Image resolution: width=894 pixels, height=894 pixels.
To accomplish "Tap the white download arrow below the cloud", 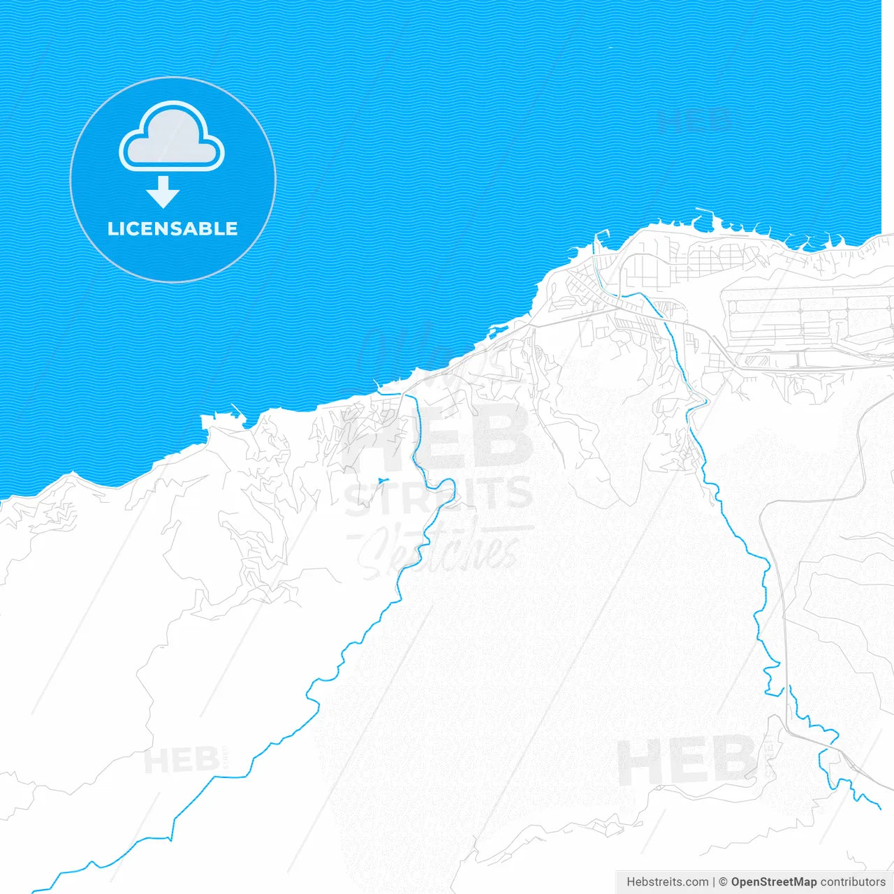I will click(x=163, y=192).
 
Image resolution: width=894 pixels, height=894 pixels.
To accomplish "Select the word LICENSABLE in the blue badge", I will click(x=173, y=229).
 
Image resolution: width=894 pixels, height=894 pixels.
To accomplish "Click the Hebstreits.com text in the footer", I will click(x=667, y=882).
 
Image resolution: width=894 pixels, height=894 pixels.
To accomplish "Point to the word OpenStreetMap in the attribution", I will click(x=773, y=882).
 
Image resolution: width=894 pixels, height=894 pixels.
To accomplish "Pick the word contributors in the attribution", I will click(x=853, y=882).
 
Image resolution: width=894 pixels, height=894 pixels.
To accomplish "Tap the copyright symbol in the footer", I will click(x=723, y=882).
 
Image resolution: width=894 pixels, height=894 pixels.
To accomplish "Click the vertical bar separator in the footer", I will click(x=713, y=882).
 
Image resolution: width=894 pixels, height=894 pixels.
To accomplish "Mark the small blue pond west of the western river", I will click(x=381, y=481).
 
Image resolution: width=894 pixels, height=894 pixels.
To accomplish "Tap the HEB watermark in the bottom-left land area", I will click(x=182, y=760).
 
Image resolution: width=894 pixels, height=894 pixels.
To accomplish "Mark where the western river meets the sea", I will click(x=404, y=394).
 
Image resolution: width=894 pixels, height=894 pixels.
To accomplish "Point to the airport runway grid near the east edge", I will click(x=803, y=325).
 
